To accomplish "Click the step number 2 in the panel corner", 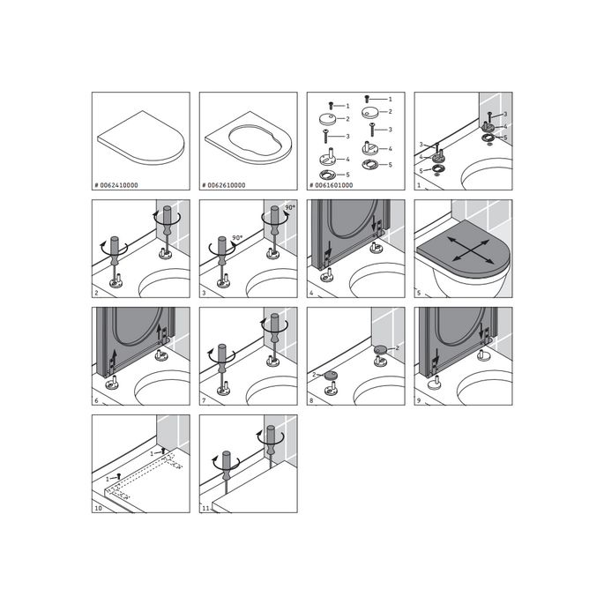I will [97, 293].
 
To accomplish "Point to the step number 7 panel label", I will [205, 400].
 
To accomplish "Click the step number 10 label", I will [99, 508].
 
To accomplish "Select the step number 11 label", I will [206, 508].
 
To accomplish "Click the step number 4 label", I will [312, 293].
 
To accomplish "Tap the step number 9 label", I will [420, 400].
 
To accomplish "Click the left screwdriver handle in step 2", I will [112, 247].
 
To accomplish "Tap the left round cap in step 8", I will [332, 374].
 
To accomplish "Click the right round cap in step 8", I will [379, 349].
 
